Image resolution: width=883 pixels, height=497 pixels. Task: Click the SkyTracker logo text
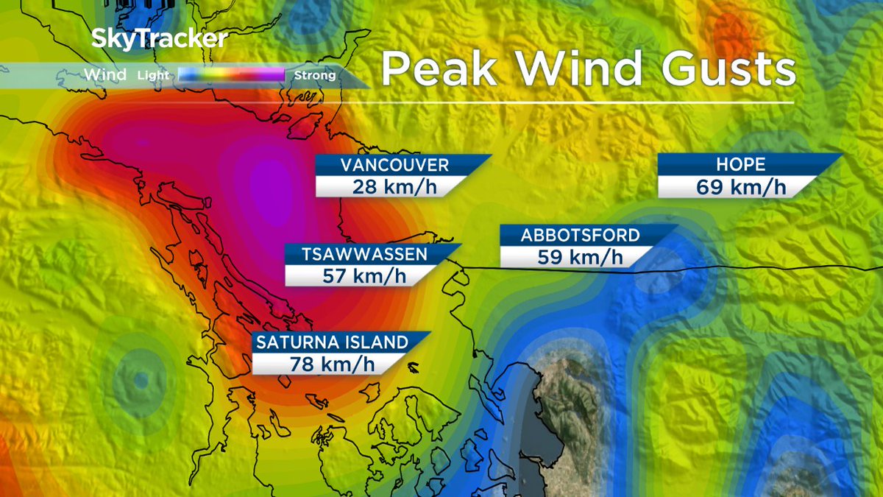coord(159,39)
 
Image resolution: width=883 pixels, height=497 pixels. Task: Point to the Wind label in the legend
coord(105,74)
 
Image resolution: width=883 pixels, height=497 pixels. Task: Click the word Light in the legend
coord(153,75)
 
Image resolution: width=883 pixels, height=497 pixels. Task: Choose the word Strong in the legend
coord(315,75)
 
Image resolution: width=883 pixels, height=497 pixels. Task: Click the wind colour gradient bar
coord(232,74)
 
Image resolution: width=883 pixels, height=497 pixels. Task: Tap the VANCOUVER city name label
coord(394,164)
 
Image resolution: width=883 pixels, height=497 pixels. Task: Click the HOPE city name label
coord(740,164)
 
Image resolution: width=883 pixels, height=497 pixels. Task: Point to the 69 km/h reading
coord(740,186)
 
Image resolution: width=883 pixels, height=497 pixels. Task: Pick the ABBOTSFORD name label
coord(581,236)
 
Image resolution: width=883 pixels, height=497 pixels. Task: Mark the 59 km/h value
coord(581,257)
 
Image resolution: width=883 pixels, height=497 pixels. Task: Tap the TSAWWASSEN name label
coord(364,254)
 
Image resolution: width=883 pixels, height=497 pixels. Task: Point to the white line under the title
coord(589,102)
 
